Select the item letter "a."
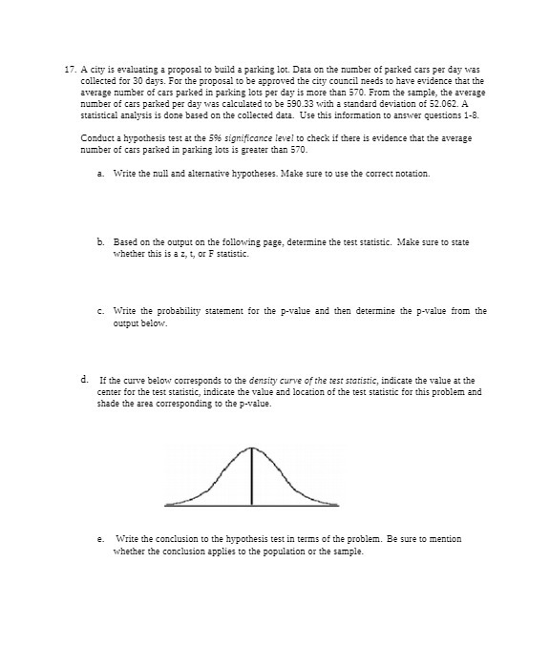101,174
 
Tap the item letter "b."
101,242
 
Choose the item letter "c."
101,311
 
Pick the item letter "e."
101,539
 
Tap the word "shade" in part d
110,402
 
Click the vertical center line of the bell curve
252,477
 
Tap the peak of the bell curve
252,447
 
